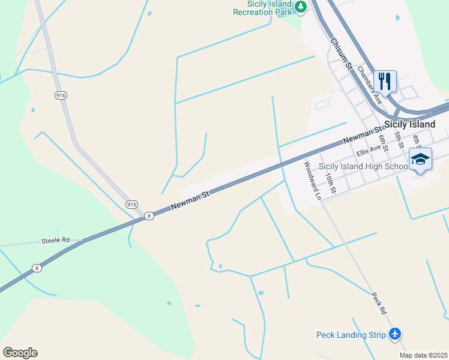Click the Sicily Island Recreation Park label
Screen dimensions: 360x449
pos(262,8)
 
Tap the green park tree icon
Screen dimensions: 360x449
pos(301,7)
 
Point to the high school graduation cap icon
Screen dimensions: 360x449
pos(420,159)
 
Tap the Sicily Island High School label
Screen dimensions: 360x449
pos(364,166)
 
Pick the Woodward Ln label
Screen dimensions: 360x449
pos(312,179)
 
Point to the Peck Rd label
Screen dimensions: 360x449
pos(378,304)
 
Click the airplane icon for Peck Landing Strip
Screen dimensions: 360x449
pos(395,334)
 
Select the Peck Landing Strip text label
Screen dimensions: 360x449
pos(351,335)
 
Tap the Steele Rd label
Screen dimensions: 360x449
pos(55,240)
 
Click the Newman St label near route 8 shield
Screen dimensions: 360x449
pos(190,200)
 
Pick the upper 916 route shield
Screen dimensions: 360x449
pos(61,95)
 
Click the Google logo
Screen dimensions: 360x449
pos(20,353)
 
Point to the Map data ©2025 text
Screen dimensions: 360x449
pos(423,355)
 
